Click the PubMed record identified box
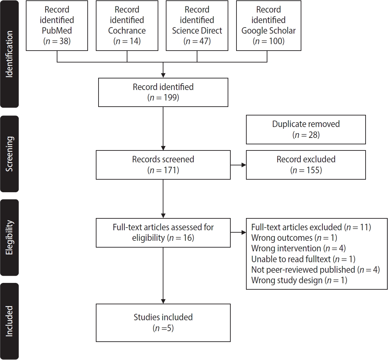click(57, 26)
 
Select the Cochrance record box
click(127, 26)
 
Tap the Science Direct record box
click(197, 26)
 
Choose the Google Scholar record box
click(268, 26)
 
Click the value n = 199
click(163, 98)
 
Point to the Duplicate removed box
click(306, 129)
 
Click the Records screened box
click(163, 165)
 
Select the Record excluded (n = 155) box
click(306, 165)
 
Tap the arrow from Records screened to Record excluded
click(238, 165)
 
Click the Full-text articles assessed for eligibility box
click(163, 233)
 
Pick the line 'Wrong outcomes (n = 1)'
click(294, 238)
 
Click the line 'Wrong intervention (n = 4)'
click(298, 249)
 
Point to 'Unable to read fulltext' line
click(303, 259)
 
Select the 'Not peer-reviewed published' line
click(315, 270)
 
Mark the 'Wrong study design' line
click(299, 281)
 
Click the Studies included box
click(163, 323)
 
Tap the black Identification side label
click(10, 54)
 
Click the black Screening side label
click(10, 154)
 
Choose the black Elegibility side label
click(10, 237)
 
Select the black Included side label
click(10, 321)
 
